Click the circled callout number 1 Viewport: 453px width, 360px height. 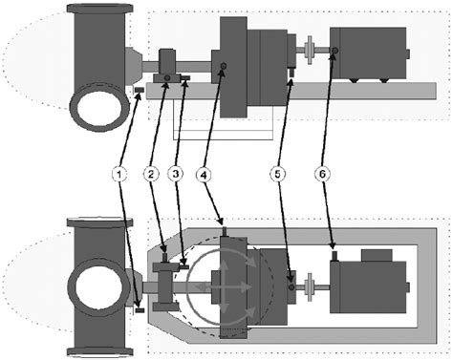pos(119,175)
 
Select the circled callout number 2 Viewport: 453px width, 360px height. pos(150,175)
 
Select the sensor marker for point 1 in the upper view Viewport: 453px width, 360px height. pos(140,92)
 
